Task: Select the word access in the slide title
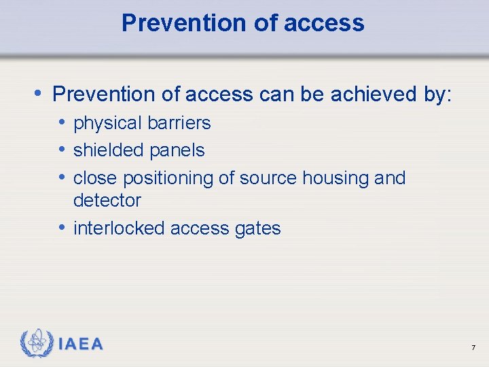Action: (x=325, y=23)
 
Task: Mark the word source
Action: (x=266, y=178)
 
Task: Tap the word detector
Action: (x=107, y=200)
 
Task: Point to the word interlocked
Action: (x=119, y=228)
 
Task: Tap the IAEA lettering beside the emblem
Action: (x=81, y=345)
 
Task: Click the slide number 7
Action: (x=473, y=348)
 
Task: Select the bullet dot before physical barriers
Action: (x=62, y=123)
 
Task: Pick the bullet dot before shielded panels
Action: (x=62, y=150)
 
